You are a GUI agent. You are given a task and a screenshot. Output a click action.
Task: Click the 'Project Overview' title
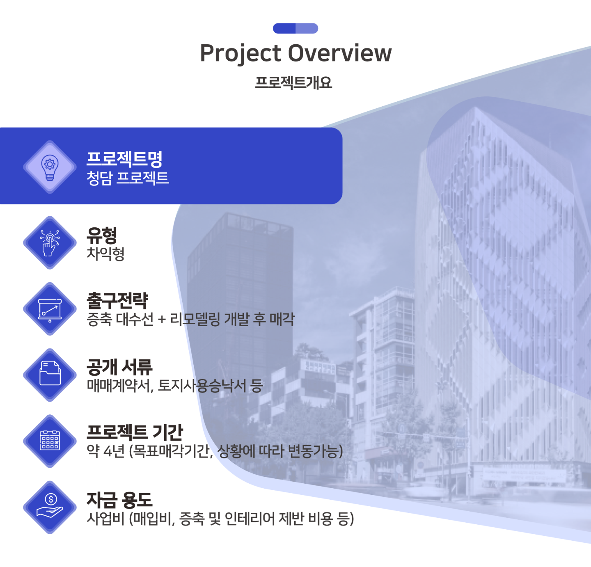coord(295,53)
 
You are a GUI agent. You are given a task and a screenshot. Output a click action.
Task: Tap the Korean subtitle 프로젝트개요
coord(293,82)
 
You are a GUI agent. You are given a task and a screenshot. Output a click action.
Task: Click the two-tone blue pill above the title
coord(295,28)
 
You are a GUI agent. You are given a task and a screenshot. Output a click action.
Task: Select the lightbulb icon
coord(50,167)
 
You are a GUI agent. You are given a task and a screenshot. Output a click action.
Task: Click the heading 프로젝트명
coord(124,159)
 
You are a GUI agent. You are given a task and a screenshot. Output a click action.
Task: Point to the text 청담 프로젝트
coord(128,178)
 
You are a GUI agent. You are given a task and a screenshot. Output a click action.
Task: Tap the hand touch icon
coord(50,243)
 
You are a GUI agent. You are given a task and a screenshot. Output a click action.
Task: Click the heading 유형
coord(102,235)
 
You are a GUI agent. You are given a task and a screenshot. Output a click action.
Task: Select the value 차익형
coord(105,254)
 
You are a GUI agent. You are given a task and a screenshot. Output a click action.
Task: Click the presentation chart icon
coord(50,310)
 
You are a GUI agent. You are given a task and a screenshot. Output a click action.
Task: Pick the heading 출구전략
coord(117,300)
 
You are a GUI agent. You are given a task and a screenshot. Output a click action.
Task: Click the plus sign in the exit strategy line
coord(162,320)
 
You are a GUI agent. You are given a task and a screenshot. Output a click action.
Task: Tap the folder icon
coord(50,373)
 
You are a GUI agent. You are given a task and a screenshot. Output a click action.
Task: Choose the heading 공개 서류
coord(119,367)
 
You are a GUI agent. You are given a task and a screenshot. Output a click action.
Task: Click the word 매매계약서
coord(120,386)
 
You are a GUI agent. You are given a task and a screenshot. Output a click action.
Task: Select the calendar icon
coord(50,440)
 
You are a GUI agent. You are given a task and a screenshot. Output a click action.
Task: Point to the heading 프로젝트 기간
coord(135,432)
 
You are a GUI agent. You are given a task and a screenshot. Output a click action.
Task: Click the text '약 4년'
coord(106,451)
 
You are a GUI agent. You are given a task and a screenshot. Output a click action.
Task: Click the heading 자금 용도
coord(119,500)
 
